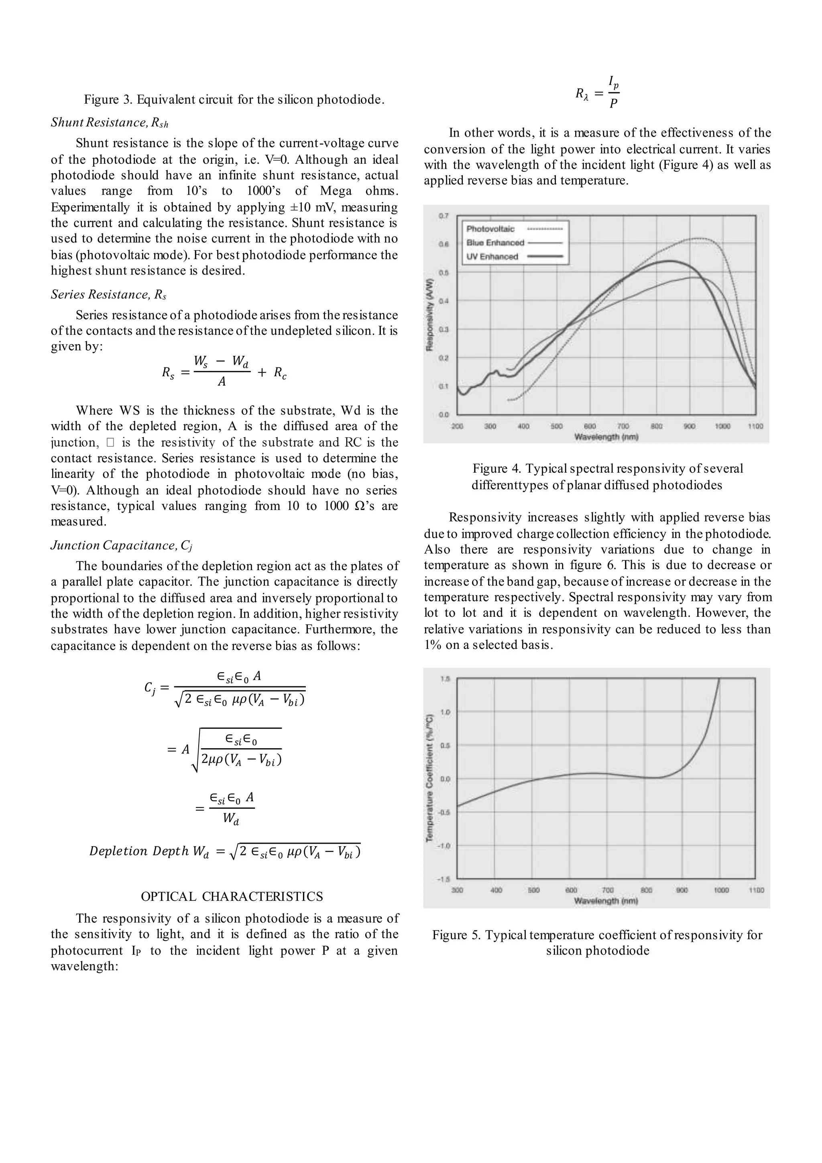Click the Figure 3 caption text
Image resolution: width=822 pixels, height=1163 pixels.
(234, 99)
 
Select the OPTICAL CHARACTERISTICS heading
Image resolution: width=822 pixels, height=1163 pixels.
(232, 897)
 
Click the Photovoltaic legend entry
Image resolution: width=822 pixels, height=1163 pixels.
(490, 229)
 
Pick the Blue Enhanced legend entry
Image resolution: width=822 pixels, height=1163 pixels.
(495, 243)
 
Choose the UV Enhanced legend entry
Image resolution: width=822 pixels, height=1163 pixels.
(492, 257)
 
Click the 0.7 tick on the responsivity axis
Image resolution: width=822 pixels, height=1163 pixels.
(444, 216)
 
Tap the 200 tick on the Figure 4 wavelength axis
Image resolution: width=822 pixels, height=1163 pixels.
(457, 426)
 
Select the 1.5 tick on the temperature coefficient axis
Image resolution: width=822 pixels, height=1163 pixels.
(445, 679)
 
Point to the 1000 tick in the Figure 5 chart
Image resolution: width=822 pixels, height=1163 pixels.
(722, 890)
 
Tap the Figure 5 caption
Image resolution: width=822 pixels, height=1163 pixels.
(597, 942)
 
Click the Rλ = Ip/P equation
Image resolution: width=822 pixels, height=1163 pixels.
(597, 93)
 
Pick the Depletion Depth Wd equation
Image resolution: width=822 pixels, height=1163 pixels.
(225, 851)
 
